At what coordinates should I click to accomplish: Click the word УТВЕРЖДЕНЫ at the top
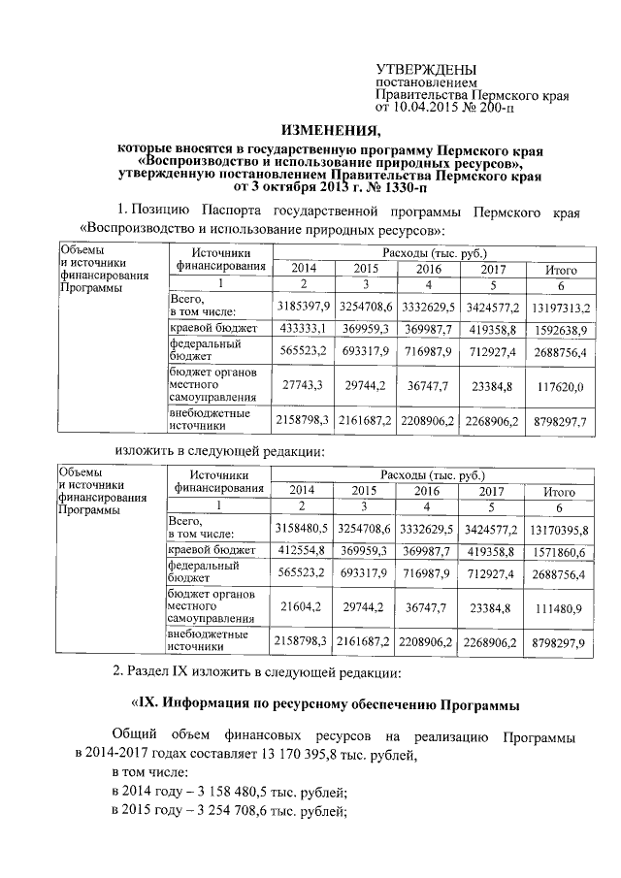(x=426, y=70)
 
